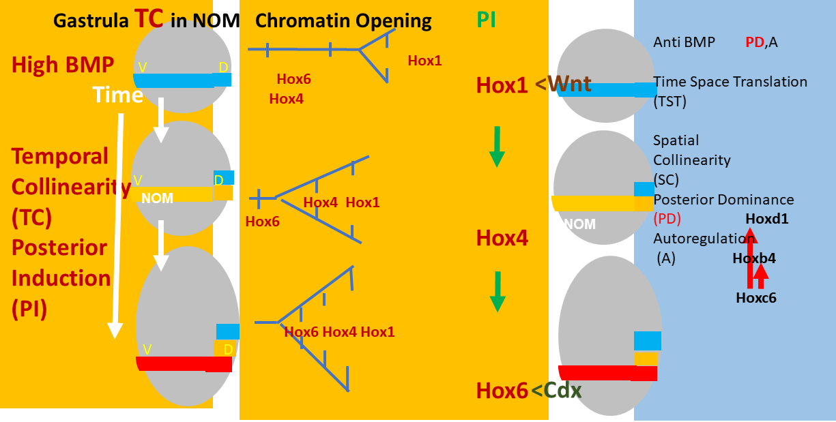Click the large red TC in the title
[x=149, y=18]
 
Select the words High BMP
[x=63, y=65]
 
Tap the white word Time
[x=117, y=95]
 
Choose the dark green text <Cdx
[x=556, y=391]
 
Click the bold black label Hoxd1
[x=767, y=220]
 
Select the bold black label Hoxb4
[x=754, y=258]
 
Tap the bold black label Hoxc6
[x=756, y=297]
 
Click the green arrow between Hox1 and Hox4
[x=497, y=146]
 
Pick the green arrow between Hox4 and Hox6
[x=498, y=291]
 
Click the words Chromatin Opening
[x=343, y=21]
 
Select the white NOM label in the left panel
[x=158, y=198]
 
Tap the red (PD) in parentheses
[x=667, y=220]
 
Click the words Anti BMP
[x=684, y=42]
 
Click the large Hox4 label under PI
[x=502, y=239]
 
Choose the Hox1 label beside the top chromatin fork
[x=424, y=61]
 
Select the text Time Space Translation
[x=730, y=82]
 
